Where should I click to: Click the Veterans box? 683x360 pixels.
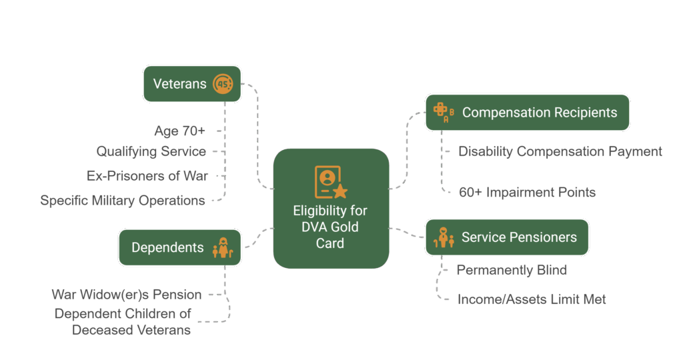191,84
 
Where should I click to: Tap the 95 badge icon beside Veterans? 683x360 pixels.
223,84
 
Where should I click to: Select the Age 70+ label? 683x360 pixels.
179,131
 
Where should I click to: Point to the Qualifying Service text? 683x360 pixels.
151,151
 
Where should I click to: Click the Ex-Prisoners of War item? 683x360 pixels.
147,176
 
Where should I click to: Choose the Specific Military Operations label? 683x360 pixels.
123,200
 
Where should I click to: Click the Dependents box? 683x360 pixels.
179,247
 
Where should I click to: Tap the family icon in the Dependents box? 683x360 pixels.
221,248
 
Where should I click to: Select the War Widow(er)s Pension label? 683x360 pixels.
127,294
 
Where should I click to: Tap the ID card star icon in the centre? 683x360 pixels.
331,182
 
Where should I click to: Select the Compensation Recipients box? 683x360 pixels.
527,113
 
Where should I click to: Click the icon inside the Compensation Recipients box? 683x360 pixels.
443,113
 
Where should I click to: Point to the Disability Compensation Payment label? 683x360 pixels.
560,151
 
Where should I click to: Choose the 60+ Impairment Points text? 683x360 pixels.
527,192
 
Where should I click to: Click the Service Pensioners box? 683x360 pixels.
507,237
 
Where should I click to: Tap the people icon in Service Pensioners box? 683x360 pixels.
443,237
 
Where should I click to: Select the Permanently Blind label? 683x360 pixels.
512,270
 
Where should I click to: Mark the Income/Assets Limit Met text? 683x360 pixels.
532,299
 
